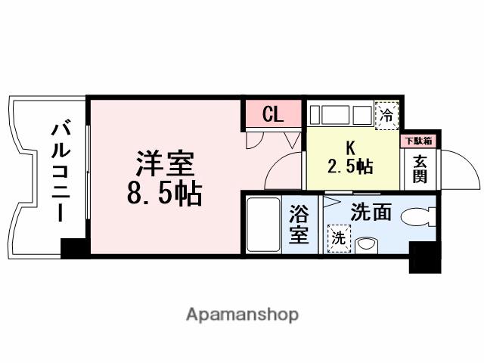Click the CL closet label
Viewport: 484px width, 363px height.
click(272, 115)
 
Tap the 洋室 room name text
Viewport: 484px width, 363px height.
click(166, 163)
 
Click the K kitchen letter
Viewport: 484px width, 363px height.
click(349, 147)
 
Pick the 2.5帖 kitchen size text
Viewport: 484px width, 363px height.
click(350, 166)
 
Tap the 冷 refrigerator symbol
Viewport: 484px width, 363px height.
click(386, 116)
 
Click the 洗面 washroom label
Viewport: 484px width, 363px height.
click(371, 213)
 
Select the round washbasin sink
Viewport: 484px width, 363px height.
click(367, 244)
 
